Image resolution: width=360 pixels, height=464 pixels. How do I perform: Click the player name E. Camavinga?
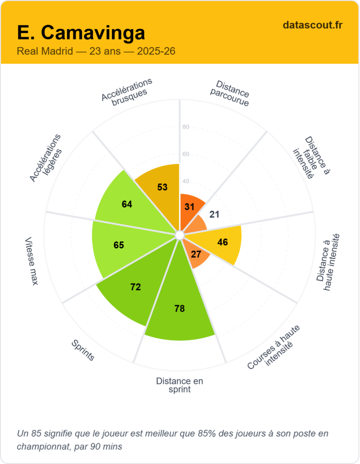[x=81, y=33]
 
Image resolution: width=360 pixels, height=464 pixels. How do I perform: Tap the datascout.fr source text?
[x=312, y=25]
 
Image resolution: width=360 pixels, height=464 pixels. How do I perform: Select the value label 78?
[x=180, y=309]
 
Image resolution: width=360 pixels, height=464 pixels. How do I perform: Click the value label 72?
[x=135, y=287]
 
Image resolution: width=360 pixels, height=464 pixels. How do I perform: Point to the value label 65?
[x=118, y=245]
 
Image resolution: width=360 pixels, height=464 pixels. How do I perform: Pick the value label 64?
[x=127, y=204]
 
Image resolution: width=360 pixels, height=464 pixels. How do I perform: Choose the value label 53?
[x=162, y=187]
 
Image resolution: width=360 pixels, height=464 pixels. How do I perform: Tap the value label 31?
[x=190, y=207]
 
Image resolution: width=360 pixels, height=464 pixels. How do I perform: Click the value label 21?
[x=214, y=214]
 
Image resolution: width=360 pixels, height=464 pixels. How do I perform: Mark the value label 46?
[x=223, y=242]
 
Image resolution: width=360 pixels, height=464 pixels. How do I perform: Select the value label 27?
[x=196, y=254]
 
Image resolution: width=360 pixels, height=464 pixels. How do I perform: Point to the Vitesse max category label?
[x=32, y=261]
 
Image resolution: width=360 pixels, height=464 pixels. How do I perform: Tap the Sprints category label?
[x=83, y=351]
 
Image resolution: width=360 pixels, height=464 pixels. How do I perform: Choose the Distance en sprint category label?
[x=180, y=385]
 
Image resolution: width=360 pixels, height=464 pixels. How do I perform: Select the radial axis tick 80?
[x=185, y=127]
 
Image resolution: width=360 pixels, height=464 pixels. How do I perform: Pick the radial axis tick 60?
[x=185, y=154]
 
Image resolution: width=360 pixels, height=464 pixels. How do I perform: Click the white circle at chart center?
[x=180, y=235]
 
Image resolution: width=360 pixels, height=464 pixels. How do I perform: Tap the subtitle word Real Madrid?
[x=44, y=51]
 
